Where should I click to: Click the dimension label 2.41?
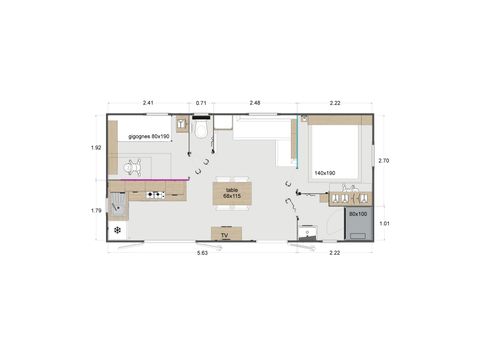[x=147, y=102]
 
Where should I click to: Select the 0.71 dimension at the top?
[x=201, y=102]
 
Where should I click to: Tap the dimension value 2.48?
[x=255, y=102]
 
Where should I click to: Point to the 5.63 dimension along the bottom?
[x=201, y=253]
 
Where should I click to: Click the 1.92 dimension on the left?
[x=96, y=147]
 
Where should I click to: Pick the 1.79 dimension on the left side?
[x=96, y=210]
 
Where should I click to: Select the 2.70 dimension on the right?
[x=384, y=160]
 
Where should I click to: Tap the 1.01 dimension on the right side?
[x=384, y=223]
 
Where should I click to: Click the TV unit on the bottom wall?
[x=225, y=234]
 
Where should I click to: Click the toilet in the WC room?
[x=201, y=130]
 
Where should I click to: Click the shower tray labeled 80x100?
[x=357, y=221]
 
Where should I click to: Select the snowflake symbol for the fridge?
[x=118, y=231]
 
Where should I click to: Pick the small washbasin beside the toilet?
[x=181, y=125]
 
